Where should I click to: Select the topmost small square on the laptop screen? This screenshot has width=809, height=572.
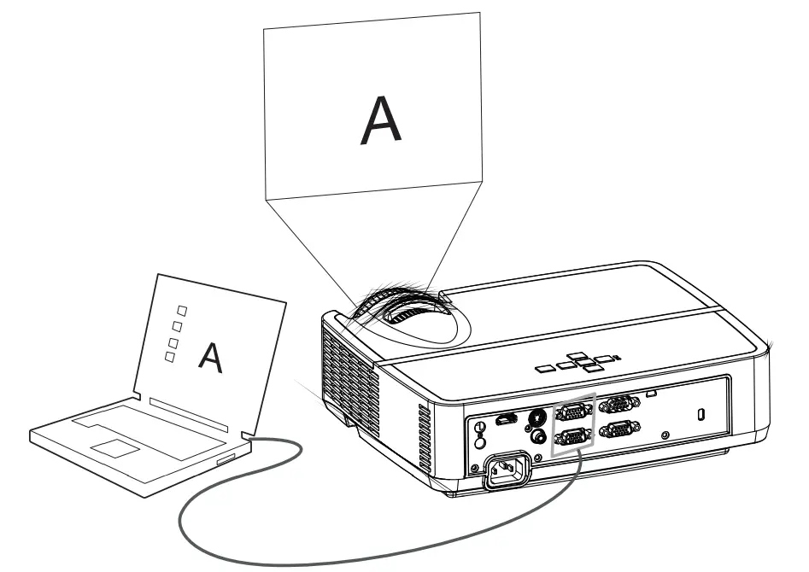click(181, 310)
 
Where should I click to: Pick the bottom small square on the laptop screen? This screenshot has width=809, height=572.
click(170, 358)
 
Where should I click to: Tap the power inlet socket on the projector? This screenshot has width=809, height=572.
click(507, 470)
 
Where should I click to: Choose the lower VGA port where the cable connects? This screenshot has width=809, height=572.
click(572, 439)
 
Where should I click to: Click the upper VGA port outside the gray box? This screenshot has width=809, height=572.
click(618, 405)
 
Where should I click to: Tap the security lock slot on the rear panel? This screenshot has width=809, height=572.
click(701, 414)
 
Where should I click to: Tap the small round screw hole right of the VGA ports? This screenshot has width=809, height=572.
click(666, 435)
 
